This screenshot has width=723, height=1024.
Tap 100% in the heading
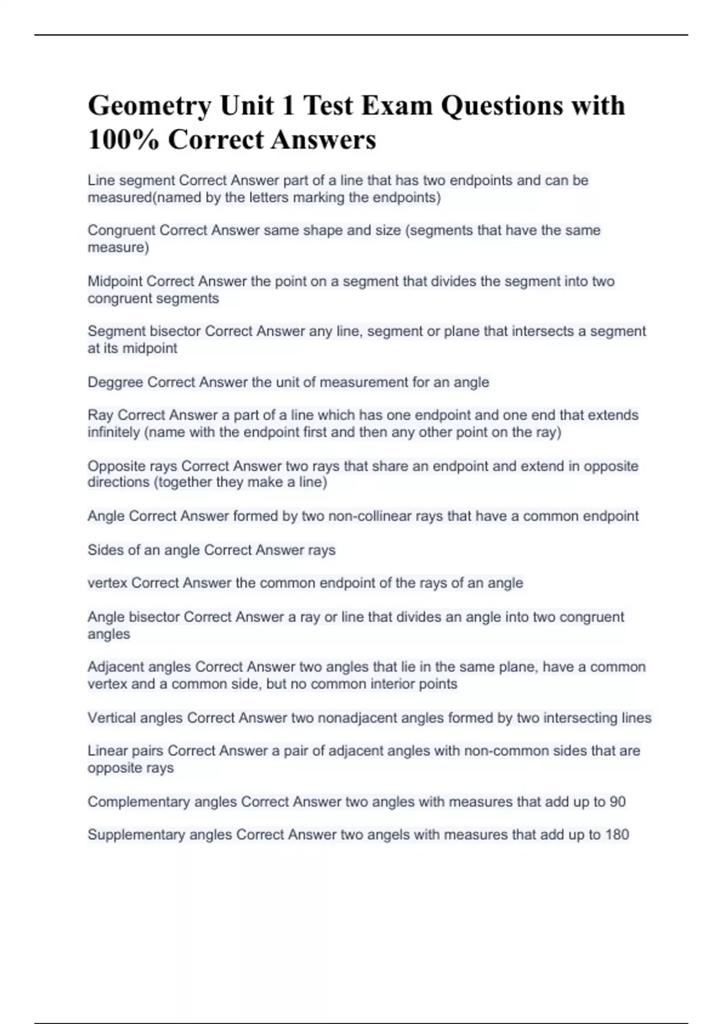click(124, 140)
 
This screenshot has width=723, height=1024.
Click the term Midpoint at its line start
click(114, 281)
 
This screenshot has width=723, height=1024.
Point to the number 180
click(617, 835)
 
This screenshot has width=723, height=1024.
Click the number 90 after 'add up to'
click(618, 802)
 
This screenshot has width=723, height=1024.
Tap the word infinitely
click(113, 432)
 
